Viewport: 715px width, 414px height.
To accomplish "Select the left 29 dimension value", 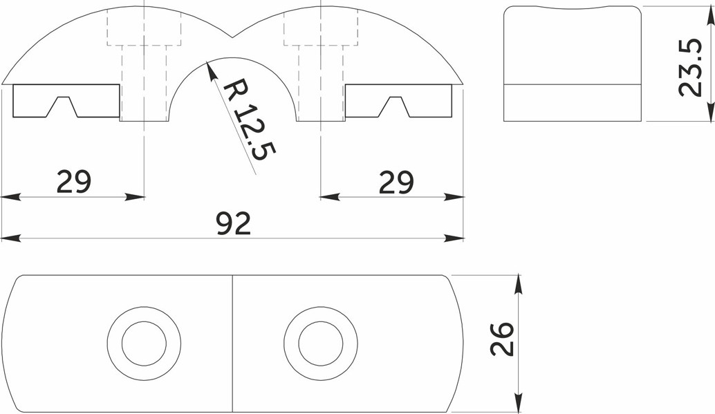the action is point(74,182).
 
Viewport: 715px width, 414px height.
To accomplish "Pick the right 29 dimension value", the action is point(396,182).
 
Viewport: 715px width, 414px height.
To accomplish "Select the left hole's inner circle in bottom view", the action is point(144,344).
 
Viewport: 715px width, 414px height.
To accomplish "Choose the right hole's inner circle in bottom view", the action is point(321,344).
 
